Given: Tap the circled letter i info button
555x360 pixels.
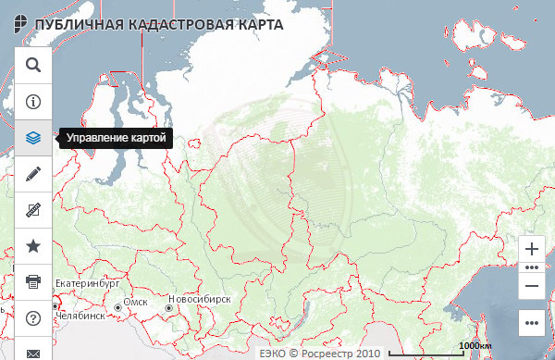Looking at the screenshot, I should click(33, 101).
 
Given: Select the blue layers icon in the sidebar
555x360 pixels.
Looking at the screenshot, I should click(33, 137).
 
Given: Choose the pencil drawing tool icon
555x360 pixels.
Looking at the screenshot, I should click(33, 173).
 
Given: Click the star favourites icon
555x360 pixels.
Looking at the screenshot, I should click(33, 245).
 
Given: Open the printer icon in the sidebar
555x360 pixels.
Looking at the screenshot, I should click(33, 281).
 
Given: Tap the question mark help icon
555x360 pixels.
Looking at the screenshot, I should click(33, 317).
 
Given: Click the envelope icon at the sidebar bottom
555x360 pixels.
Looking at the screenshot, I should click(33, 353).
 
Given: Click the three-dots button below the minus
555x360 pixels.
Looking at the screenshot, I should click(531, 323).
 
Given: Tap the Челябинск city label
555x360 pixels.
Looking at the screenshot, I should click(79, 316).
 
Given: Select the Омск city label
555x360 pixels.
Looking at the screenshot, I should click(135, 302).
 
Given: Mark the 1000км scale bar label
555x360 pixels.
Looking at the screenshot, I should click(474, 345).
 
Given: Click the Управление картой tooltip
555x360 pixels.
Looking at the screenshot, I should click(116, 138).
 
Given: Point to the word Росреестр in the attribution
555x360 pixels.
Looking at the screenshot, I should click(328, 353).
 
